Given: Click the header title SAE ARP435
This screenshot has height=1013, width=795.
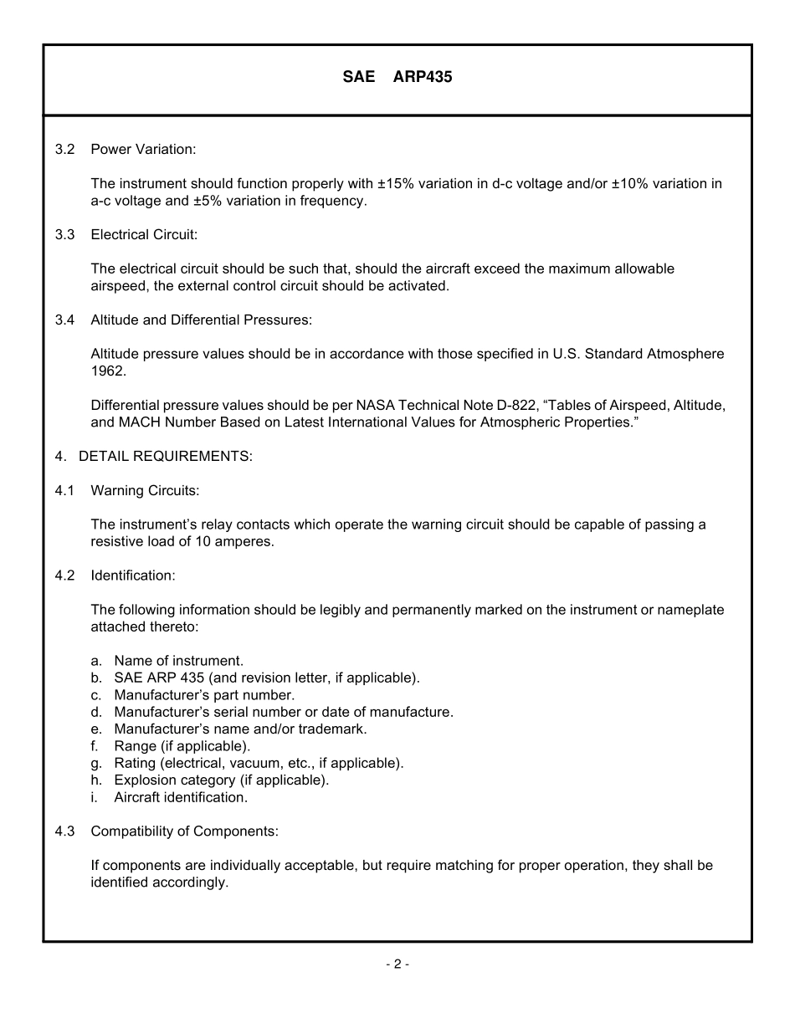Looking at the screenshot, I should coord(397,78).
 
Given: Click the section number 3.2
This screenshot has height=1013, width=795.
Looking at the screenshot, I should coord(65,149).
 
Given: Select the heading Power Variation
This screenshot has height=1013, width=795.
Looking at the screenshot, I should coord(143,149).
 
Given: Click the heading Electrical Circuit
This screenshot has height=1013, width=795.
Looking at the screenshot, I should coord(144,234).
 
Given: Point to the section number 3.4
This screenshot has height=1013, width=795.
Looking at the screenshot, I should coord(65,320).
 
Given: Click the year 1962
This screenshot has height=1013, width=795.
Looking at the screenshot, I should coord(107,371).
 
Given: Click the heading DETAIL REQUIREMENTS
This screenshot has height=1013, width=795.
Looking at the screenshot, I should coord(165,456).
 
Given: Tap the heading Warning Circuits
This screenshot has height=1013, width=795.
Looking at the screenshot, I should coord(145,490).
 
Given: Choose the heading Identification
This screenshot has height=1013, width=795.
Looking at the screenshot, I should coord(133,576).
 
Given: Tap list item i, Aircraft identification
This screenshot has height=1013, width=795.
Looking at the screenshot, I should coord(180,797).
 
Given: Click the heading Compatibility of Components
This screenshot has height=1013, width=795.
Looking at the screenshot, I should coord(184,831).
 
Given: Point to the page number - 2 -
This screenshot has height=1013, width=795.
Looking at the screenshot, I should coord(397,964).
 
